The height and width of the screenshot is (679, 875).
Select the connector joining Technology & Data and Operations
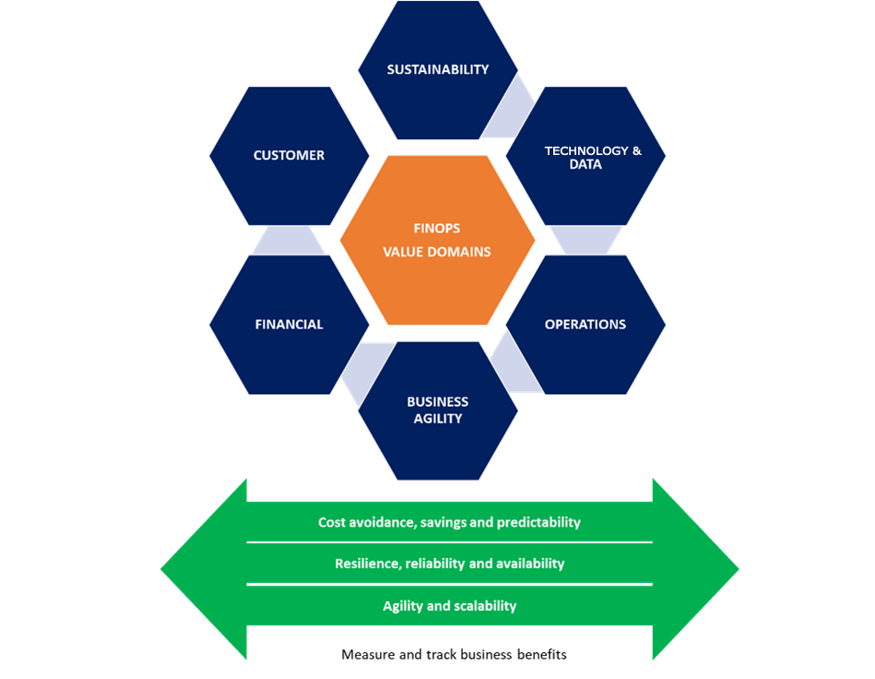coord(585,240)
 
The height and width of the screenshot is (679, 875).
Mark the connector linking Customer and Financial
coord(289,240)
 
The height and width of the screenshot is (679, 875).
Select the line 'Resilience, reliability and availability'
coord(449,564)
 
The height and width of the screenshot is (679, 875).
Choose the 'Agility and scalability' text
coord(449,606)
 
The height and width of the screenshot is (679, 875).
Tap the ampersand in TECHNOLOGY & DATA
coord(635,150)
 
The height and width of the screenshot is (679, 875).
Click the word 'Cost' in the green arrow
coord(332,522)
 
